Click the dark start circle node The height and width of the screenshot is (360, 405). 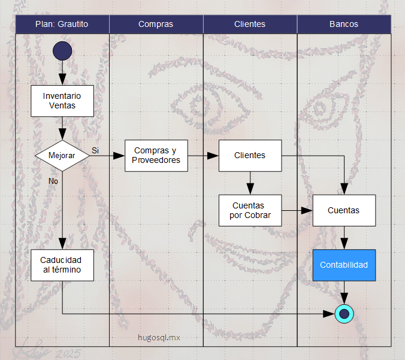coord(62,51)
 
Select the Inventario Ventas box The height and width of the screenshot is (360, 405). coord(62,101)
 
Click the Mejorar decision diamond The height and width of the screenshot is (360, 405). coord(62,156)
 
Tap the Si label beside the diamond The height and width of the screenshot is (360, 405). coord(95,149)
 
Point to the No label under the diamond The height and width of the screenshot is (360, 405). coord(53,180)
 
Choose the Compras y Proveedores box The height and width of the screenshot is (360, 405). coord(156,156)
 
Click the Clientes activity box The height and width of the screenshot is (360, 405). coord(250,156)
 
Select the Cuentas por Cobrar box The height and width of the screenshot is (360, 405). coord(250,210)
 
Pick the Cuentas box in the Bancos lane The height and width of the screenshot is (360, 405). coord(344,210)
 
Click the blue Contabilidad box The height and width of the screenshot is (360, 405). coord(344,265)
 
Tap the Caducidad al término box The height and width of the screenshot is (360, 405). coord(62,265)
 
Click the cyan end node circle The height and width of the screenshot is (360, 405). coord(344,313)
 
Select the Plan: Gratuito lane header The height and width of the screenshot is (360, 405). coord(62,25)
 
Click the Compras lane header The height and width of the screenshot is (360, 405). coord(156,25)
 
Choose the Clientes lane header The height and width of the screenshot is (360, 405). coord(250,25)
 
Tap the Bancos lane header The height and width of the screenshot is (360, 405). coord(344,25)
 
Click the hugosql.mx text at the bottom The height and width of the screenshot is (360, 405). coord(159,337)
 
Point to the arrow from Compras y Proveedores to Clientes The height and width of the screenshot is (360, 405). coord(203,156)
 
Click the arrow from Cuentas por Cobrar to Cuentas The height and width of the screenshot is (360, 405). coord(297,210)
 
